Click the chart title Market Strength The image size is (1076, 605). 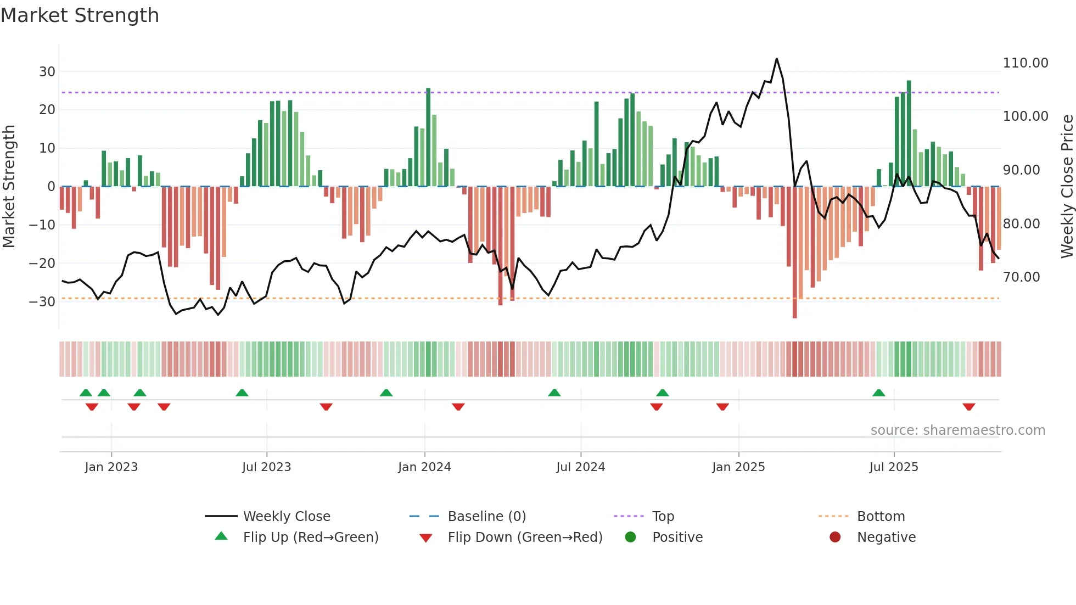tap(80, 15)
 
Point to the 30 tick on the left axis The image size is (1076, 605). tap(47, 72)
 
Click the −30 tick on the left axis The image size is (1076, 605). tap(43, 302)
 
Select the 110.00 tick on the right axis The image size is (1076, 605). tap(1025, 63)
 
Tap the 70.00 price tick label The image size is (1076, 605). tap(1021, 277)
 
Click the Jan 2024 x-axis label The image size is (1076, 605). tap(424, 467)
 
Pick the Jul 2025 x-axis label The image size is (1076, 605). tap(893, 467)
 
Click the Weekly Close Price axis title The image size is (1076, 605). tap(1067, 186)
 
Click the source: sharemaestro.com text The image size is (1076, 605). tap(957, 430)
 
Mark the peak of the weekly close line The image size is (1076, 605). tap(776, 59)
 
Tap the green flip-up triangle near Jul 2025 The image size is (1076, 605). tap(878, 393)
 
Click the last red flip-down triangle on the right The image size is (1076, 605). tap(968, 407)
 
